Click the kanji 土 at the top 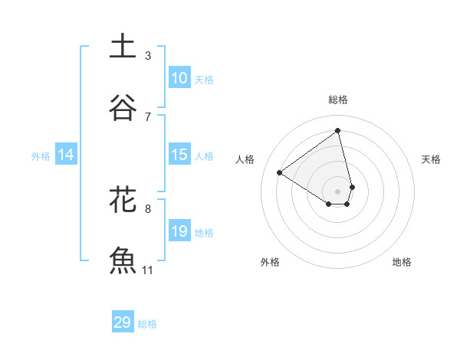(123, 46)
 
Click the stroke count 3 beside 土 (148, 55)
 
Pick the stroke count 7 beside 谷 (148, 116)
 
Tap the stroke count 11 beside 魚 (148, 270)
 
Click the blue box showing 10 (179, 78)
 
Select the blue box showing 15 (179, 155)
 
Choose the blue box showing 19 (179, 231)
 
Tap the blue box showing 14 (67, 155)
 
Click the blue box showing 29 (123, 322)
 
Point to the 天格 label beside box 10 (204, 79)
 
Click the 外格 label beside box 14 (41, 155)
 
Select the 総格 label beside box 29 (147, 323)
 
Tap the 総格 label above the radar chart (338, 100)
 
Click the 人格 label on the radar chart (245, 159)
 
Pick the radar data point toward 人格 (279, 172)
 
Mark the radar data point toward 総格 (338, 130)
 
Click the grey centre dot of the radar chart (338, 191)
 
